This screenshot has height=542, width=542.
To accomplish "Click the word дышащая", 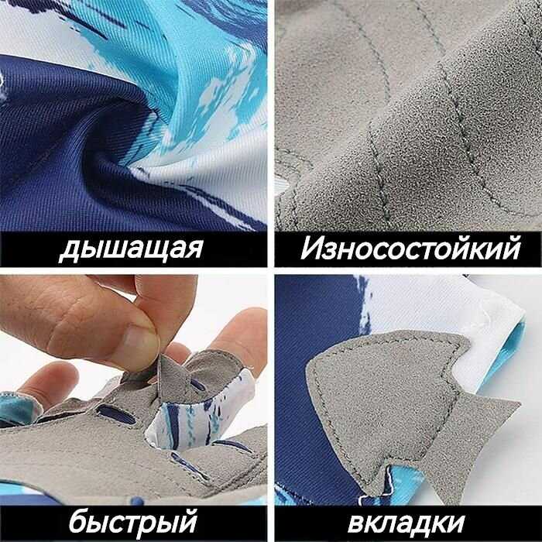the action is point(131,249).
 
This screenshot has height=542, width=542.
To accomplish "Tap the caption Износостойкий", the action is point(410,248).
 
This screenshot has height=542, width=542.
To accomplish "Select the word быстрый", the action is point(133,522).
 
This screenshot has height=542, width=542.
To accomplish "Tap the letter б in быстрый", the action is point(78,521).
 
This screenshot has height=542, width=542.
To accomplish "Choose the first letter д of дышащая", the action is point(70,250).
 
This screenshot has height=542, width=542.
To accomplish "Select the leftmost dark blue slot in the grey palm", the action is point(116,414).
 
